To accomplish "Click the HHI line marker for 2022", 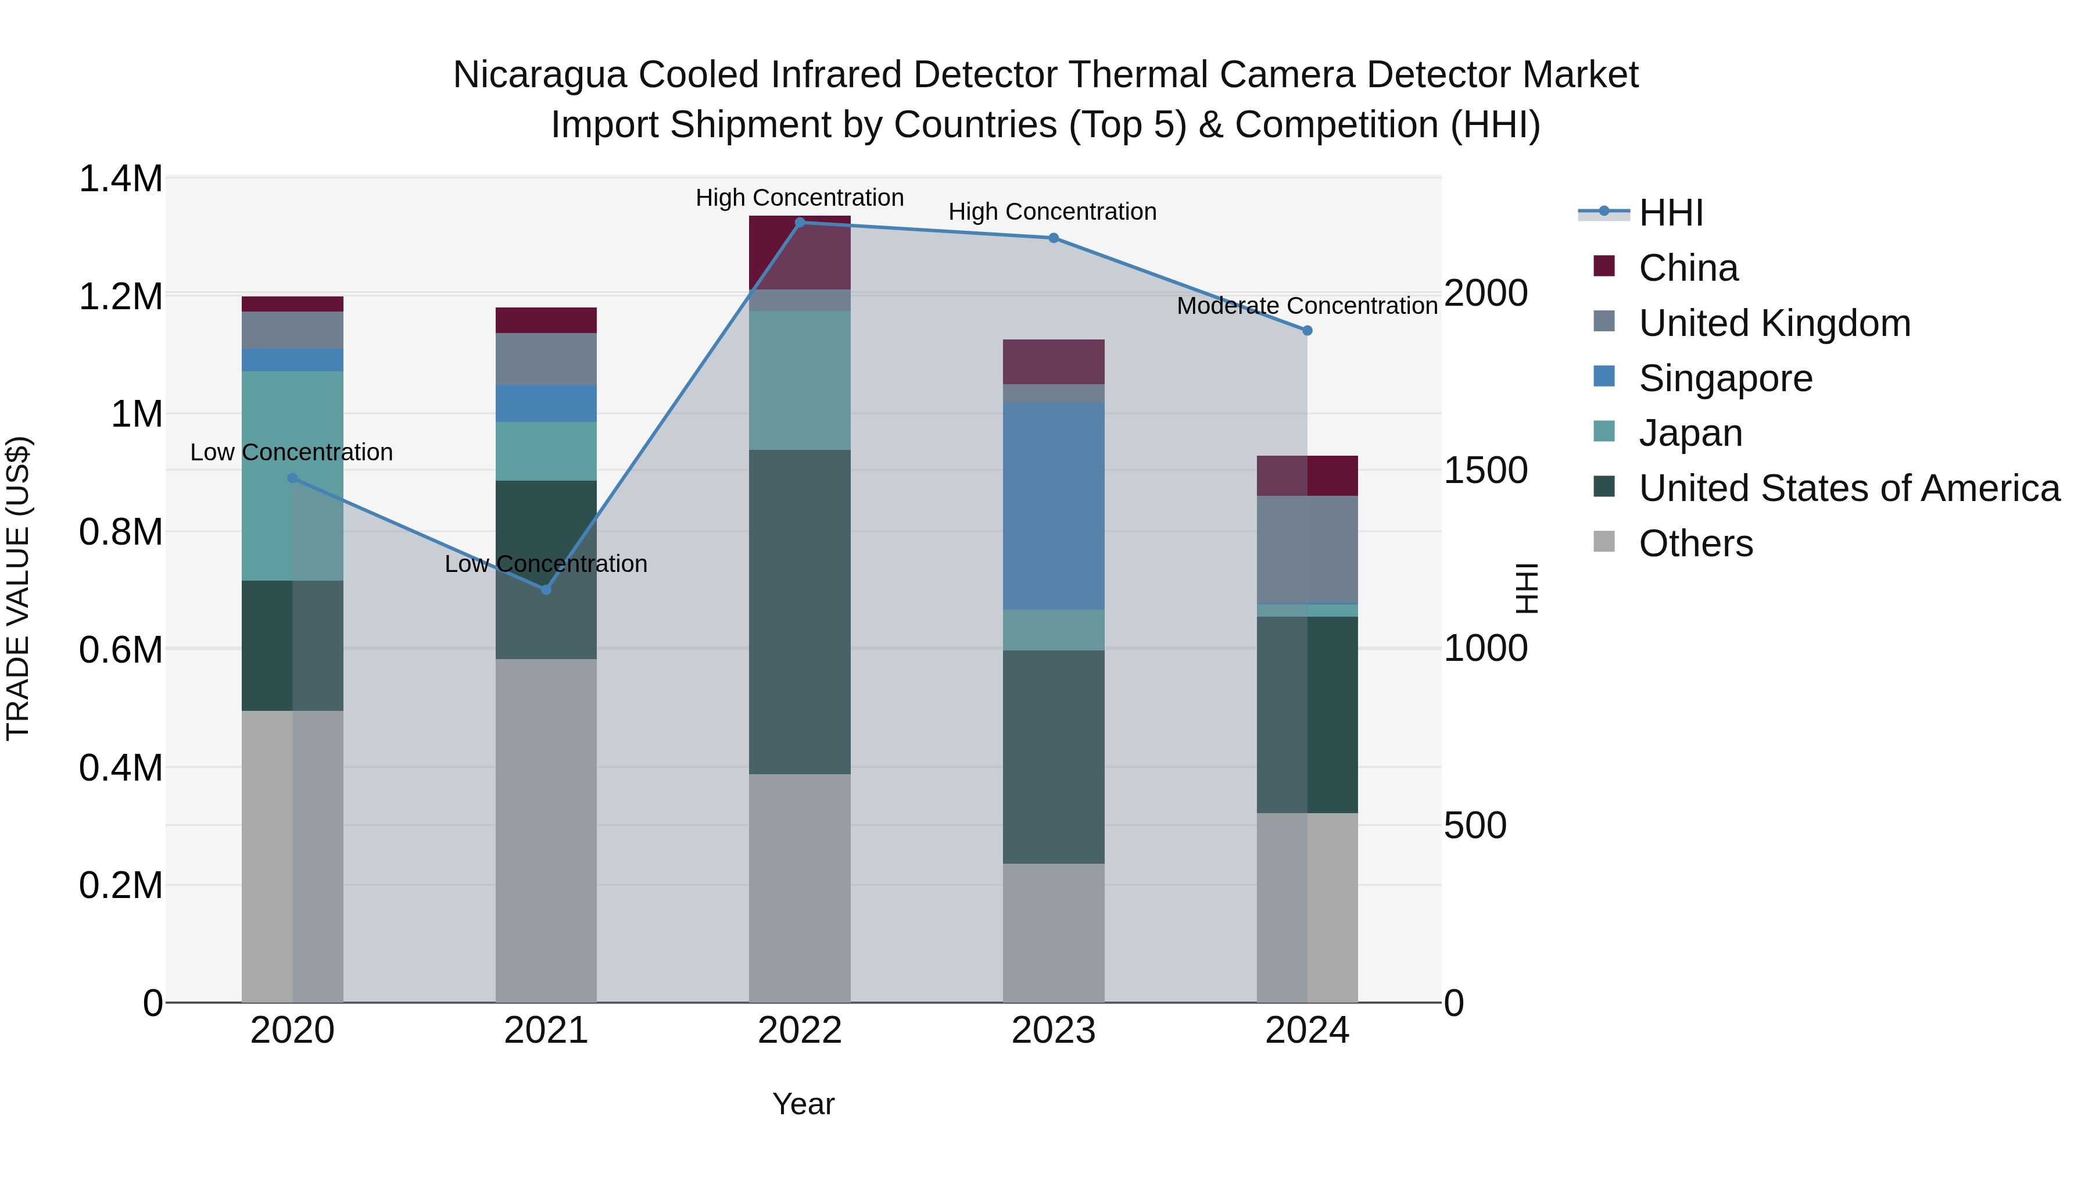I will [800, 222].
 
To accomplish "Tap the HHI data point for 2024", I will [1307, 331].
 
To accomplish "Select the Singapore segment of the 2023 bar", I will [1054, 506].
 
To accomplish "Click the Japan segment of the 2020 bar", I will [292, 476].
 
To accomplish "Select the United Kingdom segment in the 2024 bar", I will [1307, 549].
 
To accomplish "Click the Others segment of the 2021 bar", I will [546, 830].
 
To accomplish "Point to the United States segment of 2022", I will [800, 611].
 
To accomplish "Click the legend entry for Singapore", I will [1725, 378].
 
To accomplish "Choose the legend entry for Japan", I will [1690, 433].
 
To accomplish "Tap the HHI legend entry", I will [1671, 213].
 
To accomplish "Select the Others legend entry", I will [1695, 543].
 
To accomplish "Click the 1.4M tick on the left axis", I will [120, 178].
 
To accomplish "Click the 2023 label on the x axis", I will [1054, 1031].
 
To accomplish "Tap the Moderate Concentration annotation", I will [1307, 306].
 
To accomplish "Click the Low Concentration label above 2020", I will [292, 452].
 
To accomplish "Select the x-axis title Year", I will [803, 1104].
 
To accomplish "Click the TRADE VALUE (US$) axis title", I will [18, 588].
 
